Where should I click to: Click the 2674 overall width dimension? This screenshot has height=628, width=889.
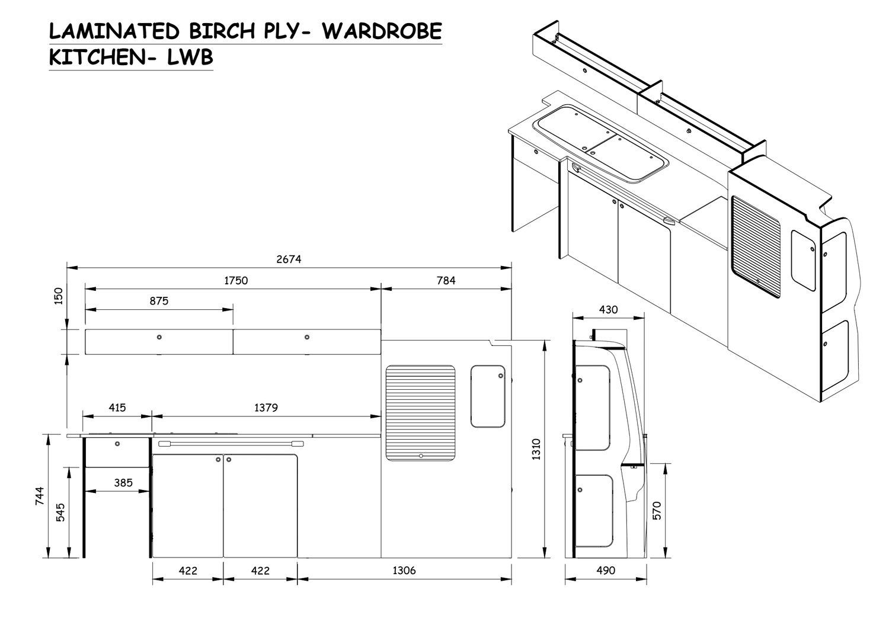coord(289,259)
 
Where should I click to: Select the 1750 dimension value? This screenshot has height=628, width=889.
coord(235,280)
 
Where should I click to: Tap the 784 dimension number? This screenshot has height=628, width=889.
coord(446,280)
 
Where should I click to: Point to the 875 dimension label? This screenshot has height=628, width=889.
coord(159,301)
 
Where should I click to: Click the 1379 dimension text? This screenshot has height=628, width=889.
coord(266,408)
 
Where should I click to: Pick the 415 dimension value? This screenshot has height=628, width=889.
coord(117,408)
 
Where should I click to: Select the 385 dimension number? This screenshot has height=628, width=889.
coord(123,482)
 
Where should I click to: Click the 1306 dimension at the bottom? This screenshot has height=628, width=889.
coord(404,571)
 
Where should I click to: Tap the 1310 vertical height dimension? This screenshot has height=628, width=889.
coord(536,449)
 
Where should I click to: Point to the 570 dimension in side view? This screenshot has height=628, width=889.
coord(657,510)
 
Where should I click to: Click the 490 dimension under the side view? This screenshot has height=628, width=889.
coord(605,571)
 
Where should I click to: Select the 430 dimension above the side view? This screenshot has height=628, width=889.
coord(608,309)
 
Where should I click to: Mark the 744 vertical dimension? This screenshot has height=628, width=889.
coord(40,495)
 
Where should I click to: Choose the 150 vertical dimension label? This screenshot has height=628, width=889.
coord(58,296)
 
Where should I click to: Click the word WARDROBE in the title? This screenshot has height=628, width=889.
coord(382,31)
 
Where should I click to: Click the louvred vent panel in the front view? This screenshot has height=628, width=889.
coord(421,413)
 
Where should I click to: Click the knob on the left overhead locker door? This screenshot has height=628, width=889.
coord(159,337)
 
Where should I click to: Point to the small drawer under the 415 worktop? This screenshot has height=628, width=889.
coord(117,452)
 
